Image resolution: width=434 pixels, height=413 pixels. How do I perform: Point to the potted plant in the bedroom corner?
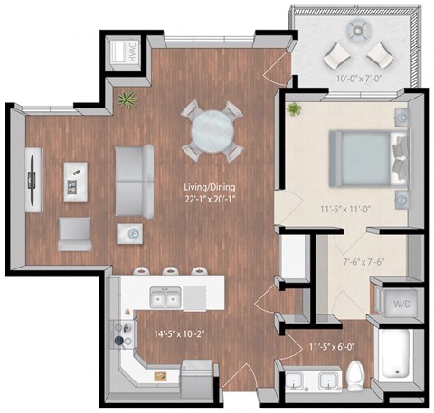(294, 110)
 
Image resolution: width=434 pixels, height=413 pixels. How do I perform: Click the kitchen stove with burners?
(121, 335)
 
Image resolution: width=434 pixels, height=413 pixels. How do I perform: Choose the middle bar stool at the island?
(171, 271)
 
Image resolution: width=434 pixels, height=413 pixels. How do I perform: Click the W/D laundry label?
(398, 304)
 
